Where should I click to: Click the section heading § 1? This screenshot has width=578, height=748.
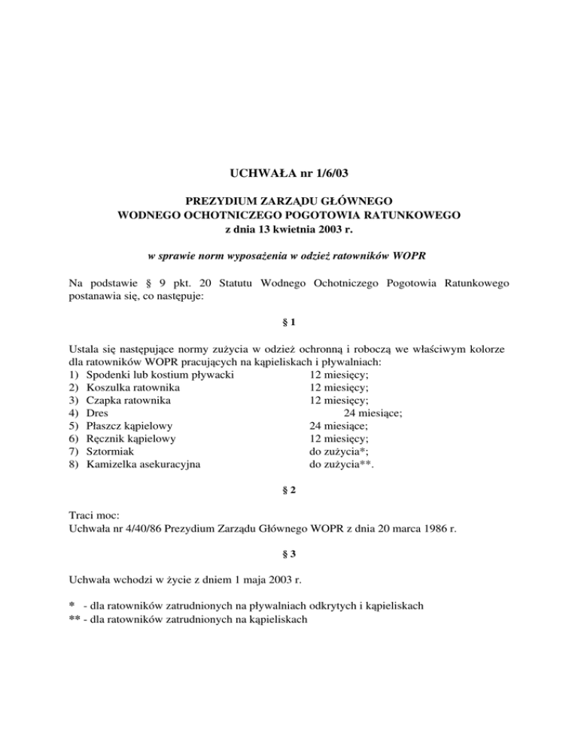pos(289,323)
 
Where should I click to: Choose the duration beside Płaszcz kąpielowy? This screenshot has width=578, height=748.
pos(339,425)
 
